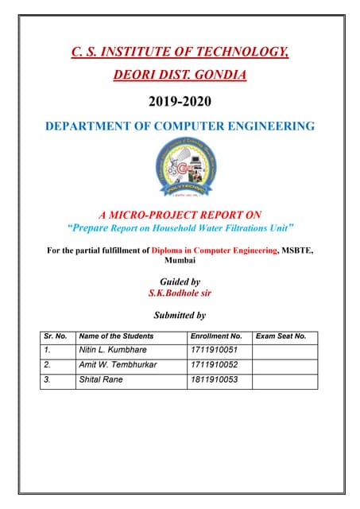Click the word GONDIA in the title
click(219, 76)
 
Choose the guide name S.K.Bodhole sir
click(180, 293)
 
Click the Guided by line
click(180, 282)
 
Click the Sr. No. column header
click(56, 336)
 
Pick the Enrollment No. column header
click(216, 336)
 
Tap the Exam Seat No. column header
click(281, 336)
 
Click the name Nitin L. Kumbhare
click(113, 349)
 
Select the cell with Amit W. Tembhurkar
click(118, 364)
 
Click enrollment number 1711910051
click(214, 349)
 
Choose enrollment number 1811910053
click(214, 380)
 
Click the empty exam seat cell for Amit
click(285, 364)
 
